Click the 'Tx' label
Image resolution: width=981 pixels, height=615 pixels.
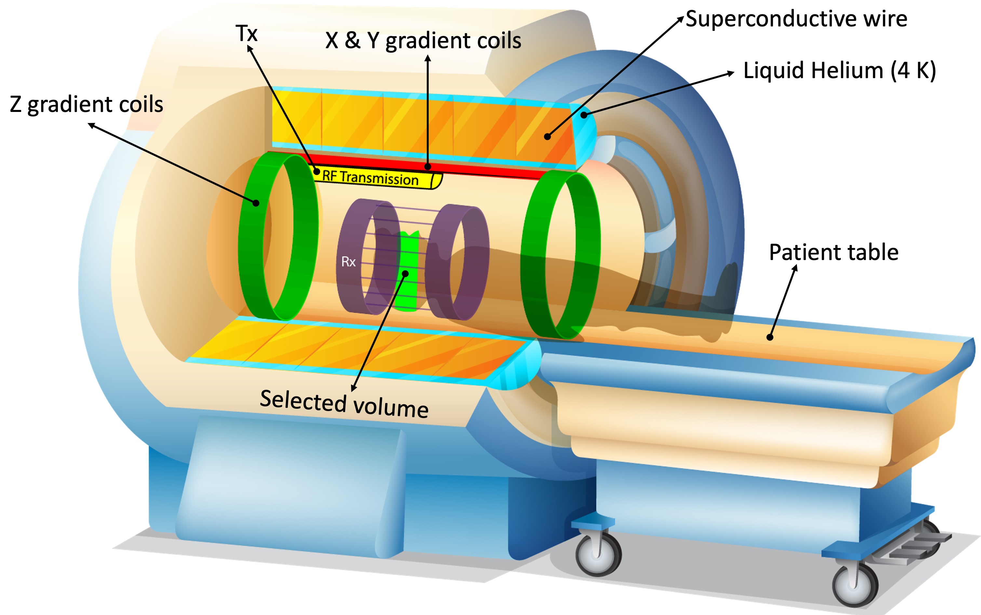247,33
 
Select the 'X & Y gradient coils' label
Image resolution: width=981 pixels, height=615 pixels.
423,41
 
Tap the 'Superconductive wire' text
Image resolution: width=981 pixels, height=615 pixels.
796,19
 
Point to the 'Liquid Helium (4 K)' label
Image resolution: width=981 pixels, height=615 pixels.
840,70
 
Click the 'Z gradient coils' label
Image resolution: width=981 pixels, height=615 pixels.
86,104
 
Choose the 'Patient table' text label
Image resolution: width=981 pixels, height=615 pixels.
833,252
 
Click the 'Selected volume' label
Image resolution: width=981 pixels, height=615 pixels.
344,404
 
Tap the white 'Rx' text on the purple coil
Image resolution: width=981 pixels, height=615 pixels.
348,262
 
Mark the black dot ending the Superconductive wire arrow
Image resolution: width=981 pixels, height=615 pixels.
548,137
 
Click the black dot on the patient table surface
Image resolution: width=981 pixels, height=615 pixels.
770,337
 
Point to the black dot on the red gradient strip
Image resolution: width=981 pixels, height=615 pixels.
427,166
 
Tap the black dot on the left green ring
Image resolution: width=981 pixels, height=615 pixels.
256,202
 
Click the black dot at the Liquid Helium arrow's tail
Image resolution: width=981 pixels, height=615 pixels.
584,115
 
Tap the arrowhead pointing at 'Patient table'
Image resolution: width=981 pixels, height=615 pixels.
795,267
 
